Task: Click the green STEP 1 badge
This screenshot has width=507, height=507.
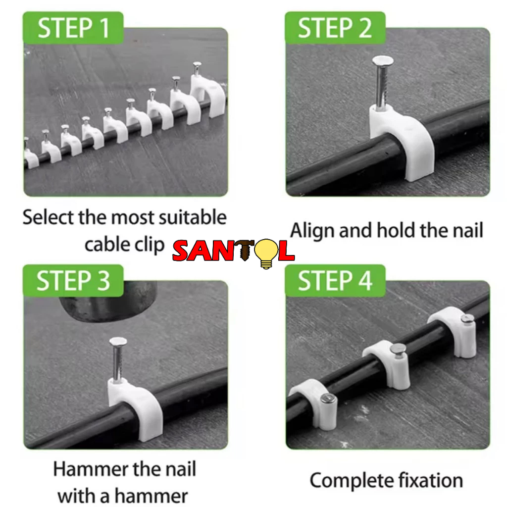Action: tap(73, 28)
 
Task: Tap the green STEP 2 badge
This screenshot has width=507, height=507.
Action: tap(335, 28)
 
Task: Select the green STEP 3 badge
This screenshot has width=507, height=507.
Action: tap(73, 281)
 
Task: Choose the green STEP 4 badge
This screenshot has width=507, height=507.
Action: tap(335, 281)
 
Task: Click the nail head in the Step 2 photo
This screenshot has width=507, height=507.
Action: tap(383, 60)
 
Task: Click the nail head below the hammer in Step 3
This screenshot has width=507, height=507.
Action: tap(118, 341)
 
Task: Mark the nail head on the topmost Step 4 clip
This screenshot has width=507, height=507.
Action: tap(467, 319)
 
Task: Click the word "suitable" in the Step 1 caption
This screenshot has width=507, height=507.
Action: tap(193, 217)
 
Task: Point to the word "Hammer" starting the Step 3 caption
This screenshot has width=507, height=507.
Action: tap(91, 469)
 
